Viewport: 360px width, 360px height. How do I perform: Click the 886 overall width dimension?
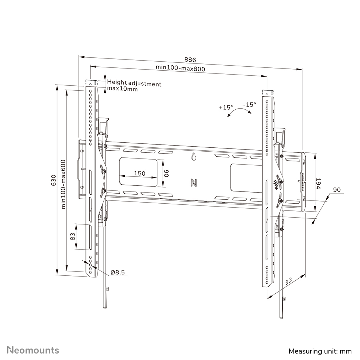click(190, 60)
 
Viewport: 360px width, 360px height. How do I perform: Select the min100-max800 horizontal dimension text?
click(180, 68)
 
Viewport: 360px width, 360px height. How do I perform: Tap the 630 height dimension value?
click(54, 180)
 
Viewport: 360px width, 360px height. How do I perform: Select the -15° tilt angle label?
click(249, 105)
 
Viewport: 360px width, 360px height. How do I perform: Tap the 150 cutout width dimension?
click(139, 174)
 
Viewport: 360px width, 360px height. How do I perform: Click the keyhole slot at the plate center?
click(193, 157)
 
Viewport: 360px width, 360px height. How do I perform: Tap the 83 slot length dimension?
click(72, 236)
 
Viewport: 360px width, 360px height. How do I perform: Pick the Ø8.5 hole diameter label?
click(118, 273)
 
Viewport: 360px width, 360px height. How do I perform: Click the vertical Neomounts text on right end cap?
click(303, 181)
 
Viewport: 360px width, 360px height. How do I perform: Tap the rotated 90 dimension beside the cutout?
click(167, 174)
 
